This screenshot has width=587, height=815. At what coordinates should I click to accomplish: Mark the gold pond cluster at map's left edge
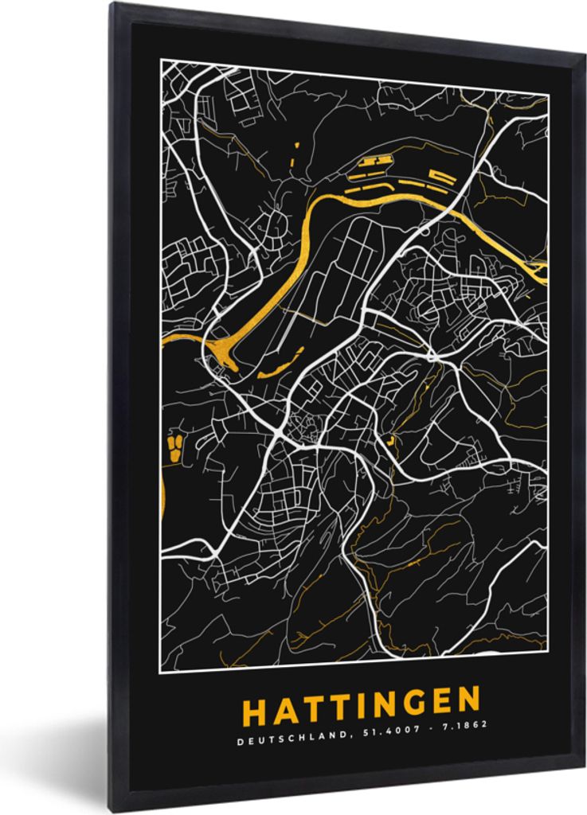coord(172,448)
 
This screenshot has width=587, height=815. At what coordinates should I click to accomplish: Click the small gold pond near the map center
coord(390,439)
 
